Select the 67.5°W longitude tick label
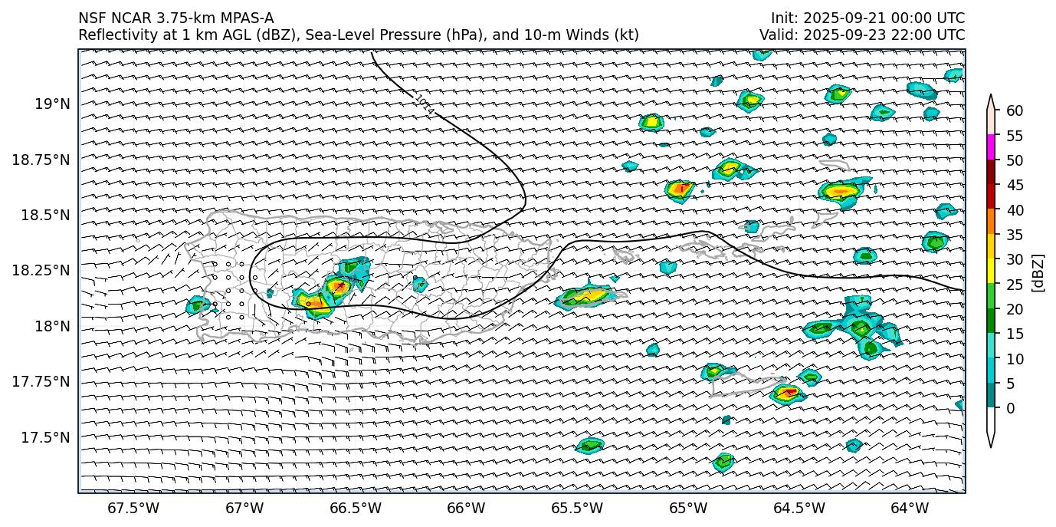pyautogui.click(x=133, y=508)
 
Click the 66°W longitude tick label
pyautogui.click(x=466, y=508)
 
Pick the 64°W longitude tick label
pyautogui.click(x=910, y=508)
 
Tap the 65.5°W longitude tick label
pyautogui.click(x=576, y=508)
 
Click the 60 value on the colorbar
pyautogui.click(x=1015, y=111)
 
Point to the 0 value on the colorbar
pyautogui.click(x=1011, y=408)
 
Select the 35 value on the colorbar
pyautogui.click(x=1015, y=235)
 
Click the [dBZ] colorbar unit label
pyautogui.click(x=1038, y=272)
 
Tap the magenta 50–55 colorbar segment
pyautogui.click(x=991, y=147)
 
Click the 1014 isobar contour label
pyautogui.click(x=424, y=106)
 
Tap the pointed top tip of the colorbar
pyautogui.click(x=991, y=97)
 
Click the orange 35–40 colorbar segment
pyautogui.click(x=991, y=222)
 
